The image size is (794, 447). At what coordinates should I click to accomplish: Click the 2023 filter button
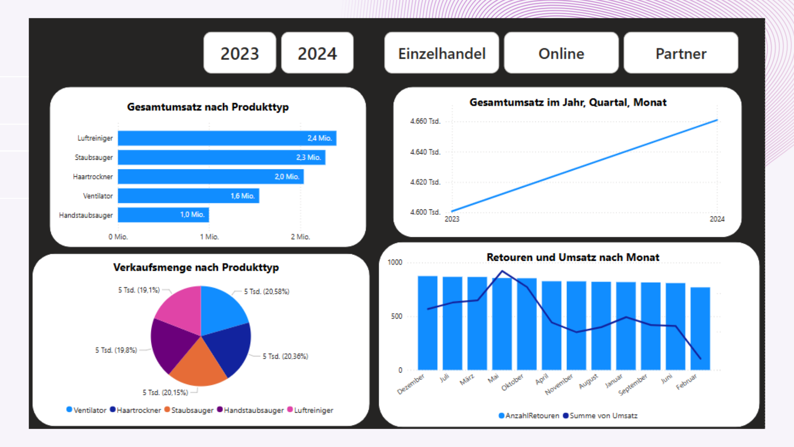tap(239, 53)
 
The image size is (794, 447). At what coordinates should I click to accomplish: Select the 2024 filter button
tap(317, 53)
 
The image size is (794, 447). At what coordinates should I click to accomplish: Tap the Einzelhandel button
tap(441, 53)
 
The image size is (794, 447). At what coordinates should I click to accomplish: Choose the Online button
tap(561, 53)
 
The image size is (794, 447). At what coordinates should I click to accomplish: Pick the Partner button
tap(681, 53)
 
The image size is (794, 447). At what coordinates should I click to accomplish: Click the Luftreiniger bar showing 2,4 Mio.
tap(227, 138)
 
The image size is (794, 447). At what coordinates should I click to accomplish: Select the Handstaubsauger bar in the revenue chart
tap(163, 215)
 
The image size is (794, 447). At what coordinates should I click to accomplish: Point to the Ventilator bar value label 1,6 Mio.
tap(242, 196)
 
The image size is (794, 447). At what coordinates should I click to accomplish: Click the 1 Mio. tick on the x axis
tap(209, 237)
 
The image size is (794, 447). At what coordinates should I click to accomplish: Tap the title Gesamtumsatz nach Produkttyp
tap(208, 107)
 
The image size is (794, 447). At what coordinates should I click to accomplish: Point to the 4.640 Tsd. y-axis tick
tap(425, 152)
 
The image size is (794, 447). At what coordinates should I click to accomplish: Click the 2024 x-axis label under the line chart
tap(717, 219)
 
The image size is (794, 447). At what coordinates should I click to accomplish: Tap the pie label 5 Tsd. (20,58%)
tap(266, 291)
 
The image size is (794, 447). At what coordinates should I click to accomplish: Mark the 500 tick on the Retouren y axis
tap(396, 316)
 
